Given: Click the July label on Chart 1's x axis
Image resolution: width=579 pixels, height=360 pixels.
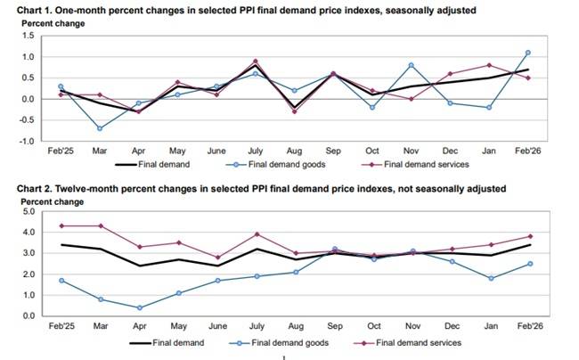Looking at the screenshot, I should pos(256,152).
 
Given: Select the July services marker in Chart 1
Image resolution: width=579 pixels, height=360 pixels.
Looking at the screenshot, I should pos(256,61).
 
